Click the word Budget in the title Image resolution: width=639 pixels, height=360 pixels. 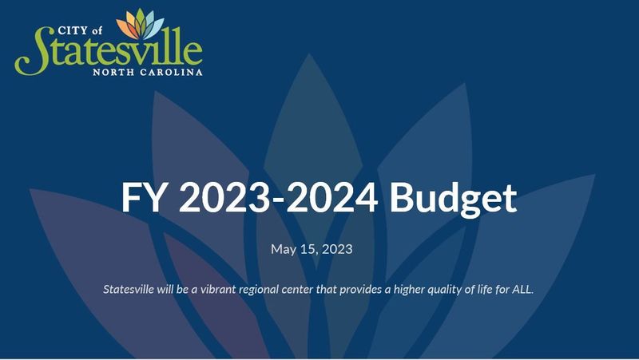pyautogui.click(x=453, y=198)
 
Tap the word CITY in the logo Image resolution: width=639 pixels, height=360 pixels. pyautogui.click(x=73, y=30)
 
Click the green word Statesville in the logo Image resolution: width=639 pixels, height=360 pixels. pyautogui.click(x=109, y=51)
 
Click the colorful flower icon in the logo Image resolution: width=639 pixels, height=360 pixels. pyautogui.click(x=141, y=24)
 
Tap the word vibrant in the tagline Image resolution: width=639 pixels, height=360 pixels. pyautogui.click(x=218, y=289)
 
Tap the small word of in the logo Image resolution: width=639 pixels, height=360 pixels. pyautogui.click(x=97, y=30)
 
